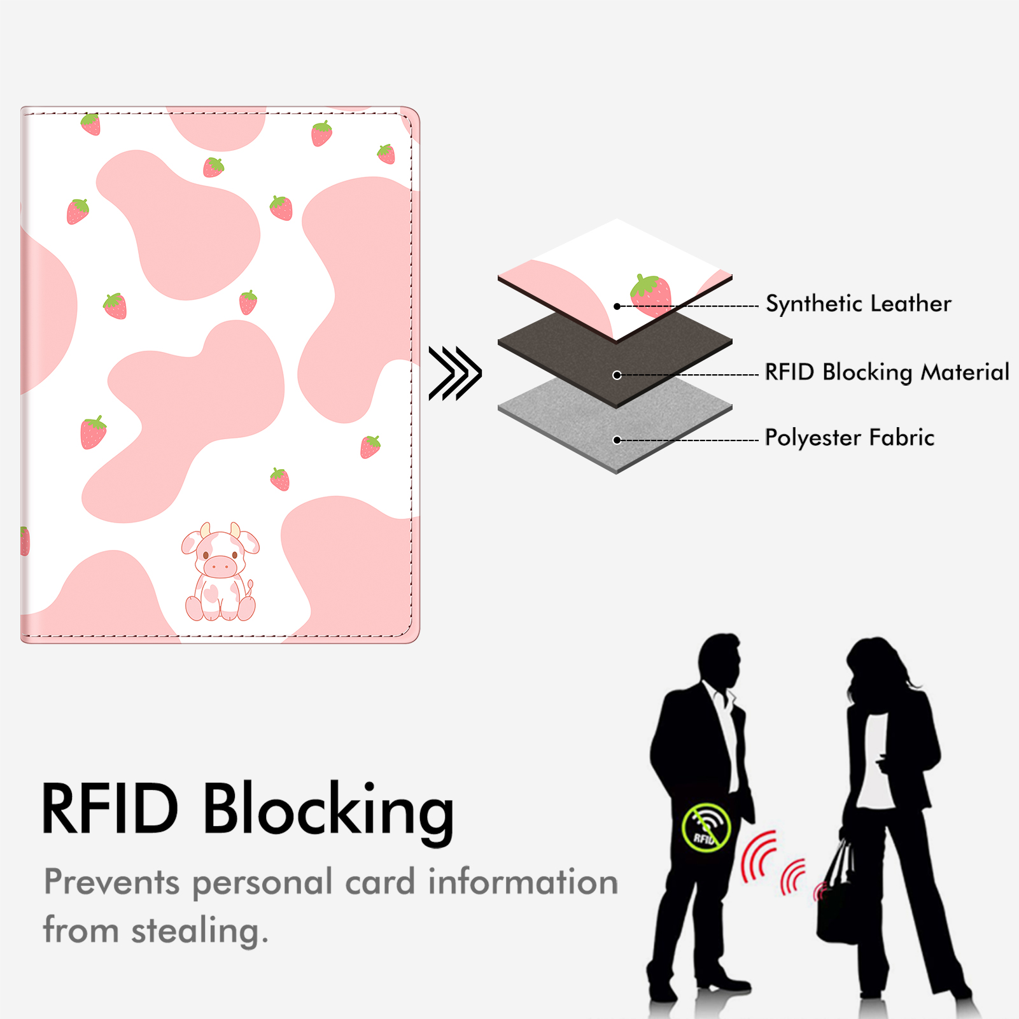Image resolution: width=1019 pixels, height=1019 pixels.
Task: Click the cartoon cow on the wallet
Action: tap(220, 572)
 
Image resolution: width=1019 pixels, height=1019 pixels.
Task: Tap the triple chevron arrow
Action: tap(455, 374)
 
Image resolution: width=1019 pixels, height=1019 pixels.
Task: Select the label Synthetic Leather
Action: tap(858, 304)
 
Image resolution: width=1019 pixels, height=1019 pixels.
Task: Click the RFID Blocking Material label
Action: tap(887, 372)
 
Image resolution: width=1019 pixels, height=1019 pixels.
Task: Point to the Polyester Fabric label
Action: tap(849, 438)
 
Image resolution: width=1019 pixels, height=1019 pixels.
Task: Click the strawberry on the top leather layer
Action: tap(650, 295)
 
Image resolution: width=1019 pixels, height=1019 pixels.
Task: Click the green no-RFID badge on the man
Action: tap(706, 827)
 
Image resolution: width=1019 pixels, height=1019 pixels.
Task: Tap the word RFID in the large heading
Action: tap(109, 808)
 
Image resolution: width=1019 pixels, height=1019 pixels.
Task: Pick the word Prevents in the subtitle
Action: tap(112, 882)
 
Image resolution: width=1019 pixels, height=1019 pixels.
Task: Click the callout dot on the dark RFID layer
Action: tap(617, 375)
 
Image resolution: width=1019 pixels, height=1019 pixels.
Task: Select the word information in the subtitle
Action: tap(523, 882)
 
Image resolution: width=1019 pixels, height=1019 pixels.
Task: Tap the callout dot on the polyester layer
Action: tap(617, 440)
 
